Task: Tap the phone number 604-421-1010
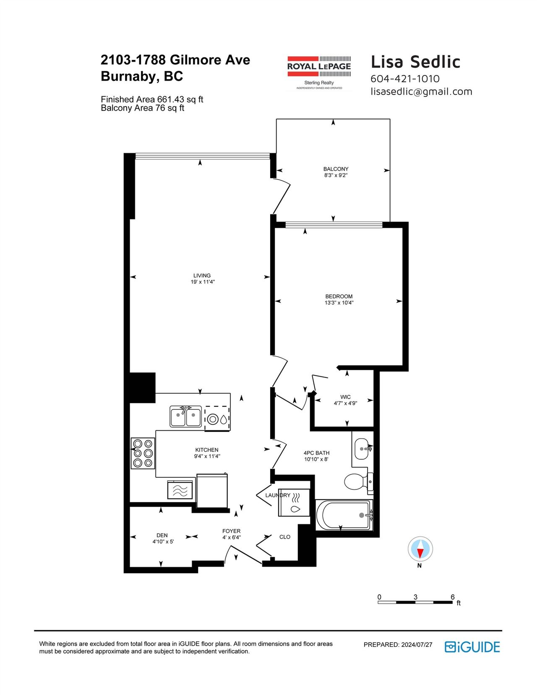pos(405,79)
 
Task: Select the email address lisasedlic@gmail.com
pos(421,91)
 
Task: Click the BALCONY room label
pos(336,169)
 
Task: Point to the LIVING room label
pos(202,276)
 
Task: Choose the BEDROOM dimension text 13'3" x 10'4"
pos(339,302)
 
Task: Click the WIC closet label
pos(345,397)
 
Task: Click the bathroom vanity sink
pos(363,449)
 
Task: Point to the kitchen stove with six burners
pos(143,453)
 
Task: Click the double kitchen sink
pos(185,416)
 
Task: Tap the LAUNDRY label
pos(278,495)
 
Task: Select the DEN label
pos(162,535)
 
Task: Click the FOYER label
pos(231,531)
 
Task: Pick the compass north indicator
pos(420,549)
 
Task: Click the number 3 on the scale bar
pos(415,596)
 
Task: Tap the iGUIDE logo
pos(472,647)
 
